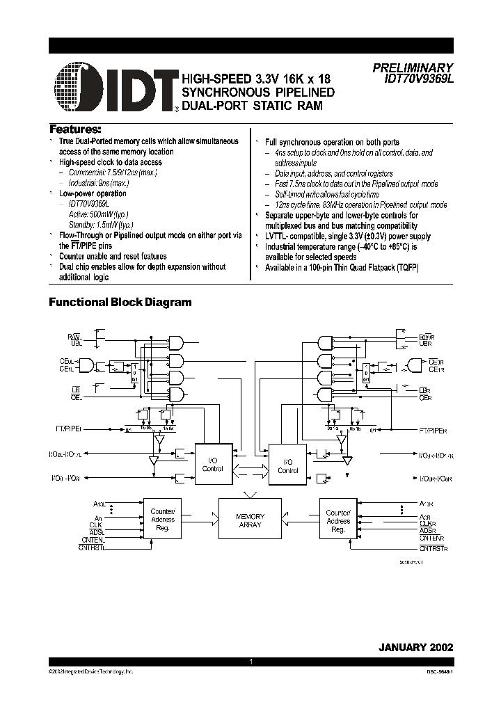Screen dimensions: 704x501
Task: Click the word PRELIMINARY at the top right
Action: coord(413,68)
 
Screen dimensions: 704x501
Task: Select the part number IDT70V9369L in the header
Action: coord(418,79)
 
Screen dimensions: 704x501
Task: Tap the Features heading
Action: coord(75,129)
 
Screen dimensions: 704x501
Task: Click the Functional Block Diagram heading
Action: coord(119,303)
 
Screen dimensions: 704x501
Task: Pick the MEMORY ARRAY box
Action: coord(250,520)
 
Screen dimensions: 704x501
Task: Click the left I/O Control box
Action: coord(213,465)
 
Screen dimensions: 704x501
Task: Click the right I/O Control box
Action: coord(288,466)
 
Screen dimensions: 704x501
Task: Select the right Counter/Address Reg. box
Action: coord(338,520)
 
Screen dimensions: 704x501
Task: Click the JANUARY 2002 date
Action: coord(415,646)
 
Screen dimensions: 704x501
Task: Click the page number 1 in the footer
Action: coord(250,663)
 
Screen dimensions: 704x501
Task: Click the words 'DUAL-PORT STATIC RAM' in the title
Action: coord(253,105)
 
